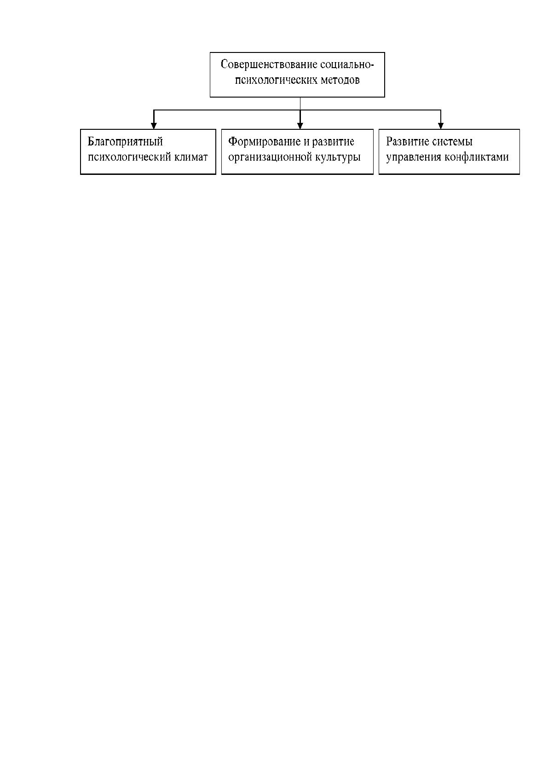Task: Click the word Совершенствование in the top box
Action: pos(269,65)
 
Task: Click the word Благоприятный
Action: pos(125,142)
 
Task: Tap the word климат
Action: pos(191,157)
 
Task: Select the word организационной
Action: pos(270,157)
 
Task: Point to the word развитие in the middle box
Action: pos(333,142)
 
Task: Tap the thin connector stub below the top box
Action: pos(300,104)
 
